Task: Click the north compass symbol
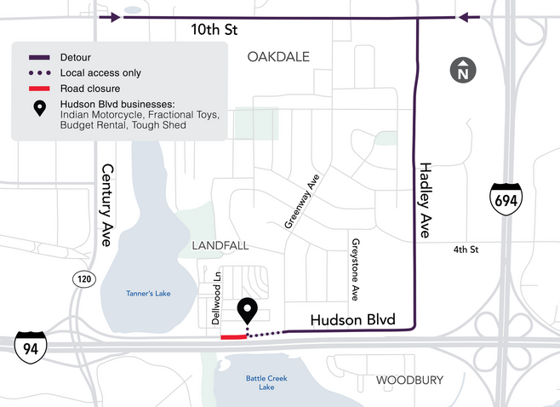[462, 72]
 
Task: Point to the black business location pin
[248, 312]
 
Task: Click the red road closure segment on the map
[232, 337]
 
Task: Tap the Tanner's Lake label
[148, 294]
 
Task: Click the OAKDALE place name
[277, 57]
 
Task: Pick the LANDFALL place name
[220, 245]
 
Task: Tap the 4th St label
[466, 249]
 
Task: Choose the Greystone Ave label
[354, 270]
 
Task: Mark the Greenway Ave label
[300, 204]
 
